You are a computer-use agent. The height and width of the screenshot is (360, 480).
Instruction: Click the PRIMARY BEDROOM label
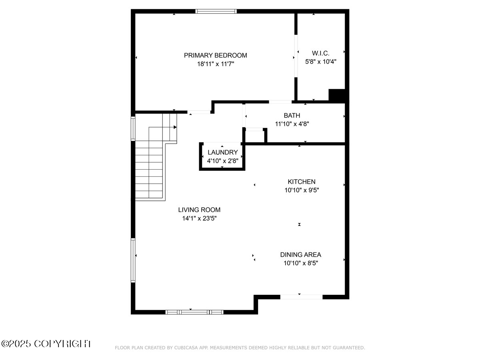click(215, 55)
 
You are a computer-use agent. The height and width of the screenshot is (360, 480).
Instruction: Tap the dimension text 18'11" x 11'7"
click(215, 64)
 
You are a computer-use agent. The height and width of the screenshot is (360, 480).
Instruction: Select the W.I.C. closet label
click(320, 53)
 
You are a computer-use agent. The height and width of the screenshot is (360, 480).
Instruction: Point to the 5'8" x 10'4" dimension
click(320, 62)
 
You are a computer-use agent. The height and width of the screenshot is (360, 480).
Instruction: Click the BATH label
click(292, 116)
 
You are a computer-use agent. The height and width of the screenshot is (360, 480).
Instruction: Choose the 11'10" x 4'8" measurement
click(292, 124)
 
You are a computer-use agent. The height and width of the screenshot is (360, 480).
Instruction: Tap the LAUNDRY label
click(222, 152)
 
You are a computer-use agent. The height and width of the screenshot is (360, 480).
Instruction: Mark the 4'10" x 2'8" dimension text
click(222, 161)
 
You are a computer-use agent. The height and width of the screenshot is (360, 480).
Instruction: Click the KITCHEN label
click(302, 182)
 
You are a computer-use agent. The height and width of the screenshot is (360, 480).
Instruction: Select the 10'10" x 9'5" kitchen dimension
click(302, 190)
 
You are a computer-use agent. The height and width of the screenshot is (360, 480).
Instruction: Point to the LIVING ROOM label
click(199, 210)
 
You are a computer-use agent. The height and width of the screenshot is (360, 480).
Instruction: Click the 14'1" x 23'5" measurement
click(199, 218)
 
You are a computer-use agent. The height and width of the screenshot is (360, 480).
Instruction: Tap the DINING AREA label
click(300, 254)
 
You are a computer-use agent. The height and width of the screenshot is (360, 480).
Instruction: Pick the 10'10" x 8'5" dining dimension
click(300, 263)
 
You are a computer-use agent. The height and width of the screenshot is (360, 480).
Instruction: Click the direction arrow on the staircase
click(175, 127)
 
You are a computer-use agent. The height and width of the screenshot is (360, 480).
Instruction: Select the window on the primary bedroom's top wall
click(216, 11)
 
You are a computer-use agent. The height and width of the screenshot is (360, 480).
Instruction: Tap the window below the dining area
click(301, 297)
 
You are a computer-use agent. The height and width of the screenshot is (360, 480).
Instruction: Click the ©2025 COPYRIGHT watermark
click(46, 344)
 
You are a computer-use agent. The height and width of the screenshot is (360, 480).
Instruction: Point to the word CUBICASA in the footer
click(185, 348)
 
